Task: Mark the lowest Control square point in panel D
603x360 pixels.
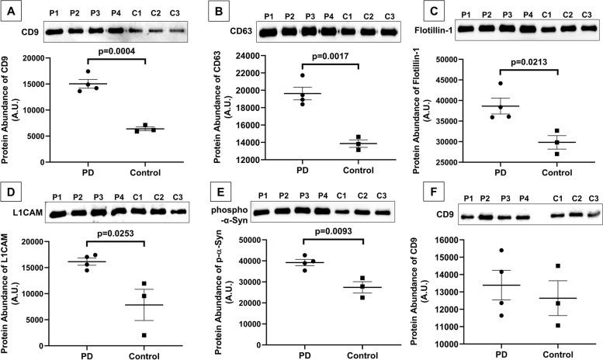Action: (145, 334)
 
